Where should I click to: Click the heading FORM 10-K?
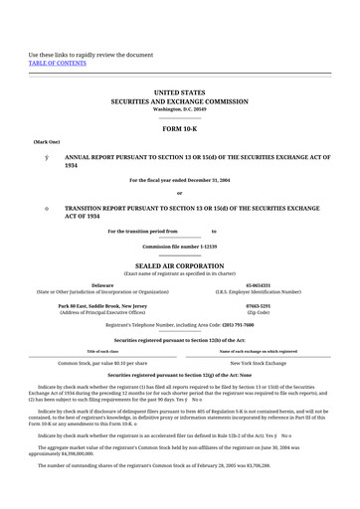pyautogui.click(x=180, y=128)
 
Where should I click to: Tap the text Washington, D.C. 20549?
pyautogui.click(x=180, y=108)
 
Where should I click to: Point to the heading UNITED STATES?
pyautogui.click(x=180, y=91)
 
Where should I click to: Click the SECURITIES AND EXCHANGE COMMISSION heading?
pyautogui.click(x=180, y=100)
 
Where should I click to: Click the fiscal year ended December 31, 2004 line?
pyautogui.click(x=180, y=179)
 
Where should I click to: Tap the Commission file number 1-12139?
pyautogui.click(x=180, y=245)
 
